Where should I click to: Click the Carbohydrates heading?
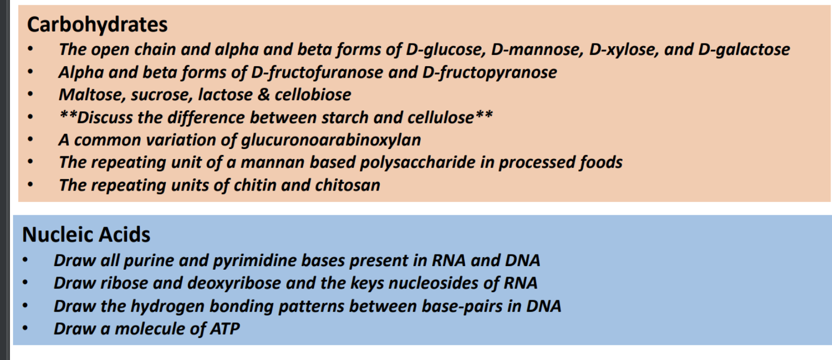point(98,25)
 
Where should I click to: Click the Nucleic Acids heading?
point(86,235)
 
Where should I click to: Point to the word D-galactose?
point(744,50)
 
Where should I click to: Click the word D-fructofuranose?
point(317,72)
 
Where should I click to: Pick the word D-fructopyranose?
point(489,72)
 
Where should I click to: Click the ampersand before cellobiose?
point(263,95)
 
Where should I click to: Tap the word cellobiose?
point(313,95)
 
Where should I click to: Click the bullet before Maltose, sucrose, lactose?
point(30,94)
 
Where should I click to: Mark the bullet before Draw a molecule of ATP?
point(25,328)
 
